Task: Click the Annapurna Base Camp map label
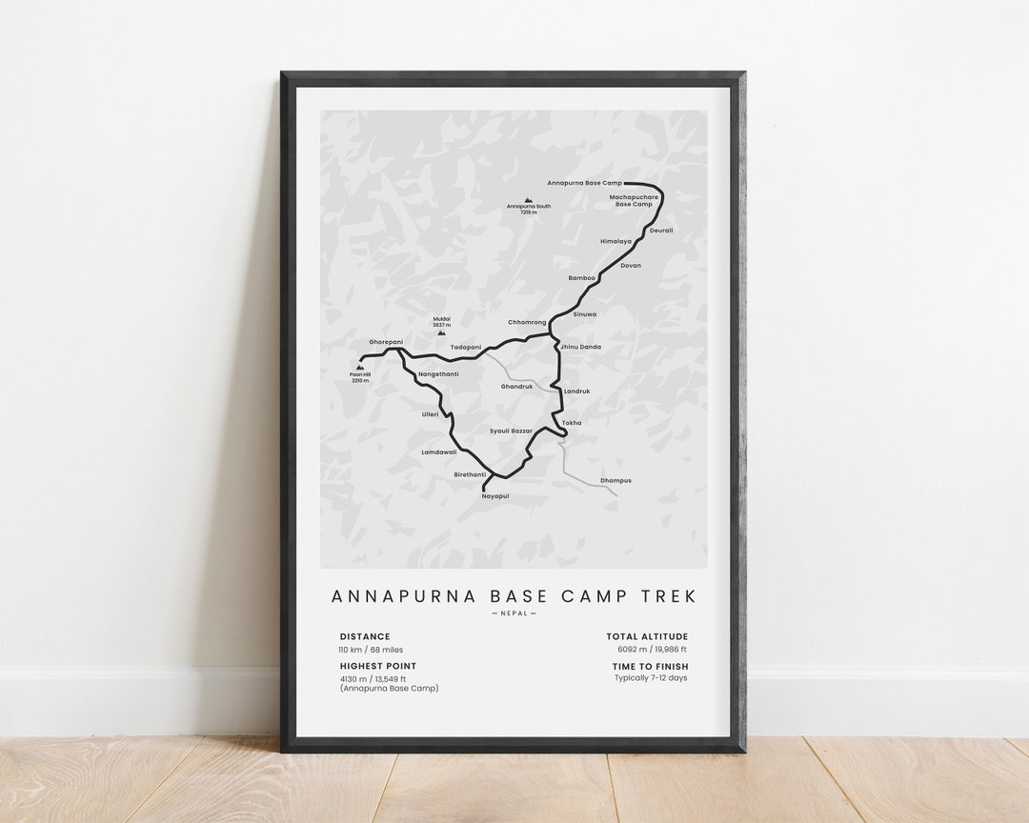(584, 182)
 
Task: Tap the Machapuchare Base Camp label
(634, 200)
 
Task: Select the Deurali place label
(661, 230)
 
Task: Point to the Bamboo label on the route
(581, 277)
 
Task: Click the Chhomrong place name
(527, 322)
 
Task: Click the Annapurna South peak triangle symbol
(528, 200)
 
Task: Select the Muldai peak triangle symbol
(441, 333)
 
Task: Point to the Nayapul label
(495, 496)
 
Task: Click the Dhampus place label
(615, 480)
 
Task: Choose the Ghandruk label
(517, 387)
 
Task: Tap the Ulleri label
(430, 414)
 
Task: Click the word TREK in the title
(672, 596)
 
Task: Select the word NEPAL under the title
(514, 613)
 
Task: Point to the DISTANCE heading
(365, 636)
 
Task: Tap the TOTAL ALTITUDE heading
(647, 636)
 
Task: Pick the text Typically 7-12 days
(650, 678)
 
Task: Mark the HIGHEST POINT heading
(378, 666)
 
